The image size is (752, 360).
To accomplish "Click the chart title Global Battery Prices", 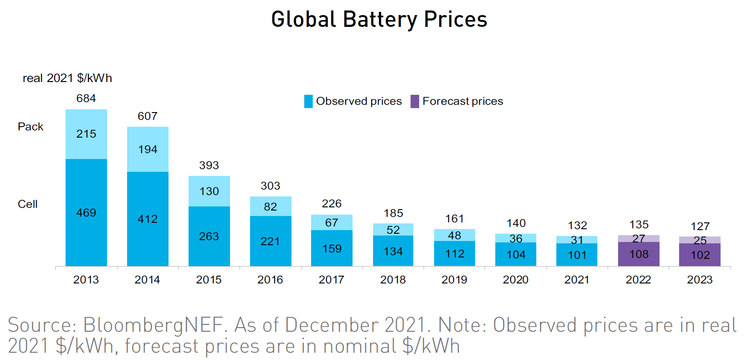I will coord(379,20).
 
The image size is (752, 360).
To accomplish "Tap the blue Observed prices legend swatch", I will coord(308,101).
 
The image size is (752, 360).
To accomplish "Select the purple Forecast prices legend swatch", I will coord(414,101).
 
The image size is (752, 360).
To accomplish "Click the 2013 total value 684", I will coord(86,98).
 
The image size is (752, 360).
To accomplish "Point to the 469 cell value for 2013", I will coord(86,213).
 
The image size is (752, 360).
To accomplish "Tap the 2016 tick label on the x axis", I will coord(270,280).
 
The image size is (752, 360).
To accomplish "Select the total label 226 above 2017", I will coord(332,204).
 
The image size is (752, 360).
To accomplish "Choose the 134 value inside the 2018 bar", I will coord(393,252).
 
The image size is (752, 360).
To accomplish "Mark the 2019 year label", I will coord(454,280).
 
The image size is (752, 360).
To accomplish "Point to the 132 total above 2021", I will coord(577,226).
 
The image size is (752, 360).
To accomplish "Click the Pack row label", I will coord(31,127).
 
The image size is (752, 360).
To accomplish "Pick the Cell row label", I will coord(28,204).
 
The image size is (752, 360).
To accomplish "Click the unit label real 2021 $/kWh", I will coord(67,78).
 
